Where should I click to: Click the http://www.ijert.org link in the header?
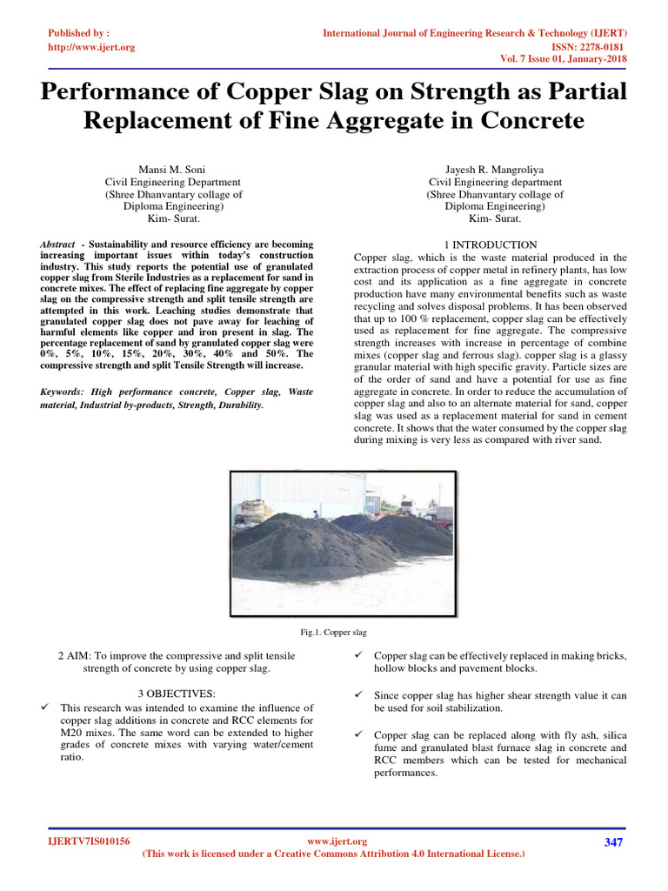click(x=91, y=47)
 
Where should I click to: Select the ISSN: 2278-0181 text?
click(x=587, y=46)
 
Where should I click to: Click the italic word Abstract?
click(x=58, y=245)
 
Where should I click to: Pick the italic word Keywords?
click(x=62, y=392)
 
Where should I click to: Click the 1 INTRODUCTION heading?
click(x=491, y=245)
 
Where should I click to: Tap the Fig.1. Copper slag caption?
click(x=334, y=632)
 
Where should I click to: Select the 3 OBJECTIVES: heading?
click(x=177, y=693)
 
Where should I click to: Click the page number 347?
click(x=613, y=842)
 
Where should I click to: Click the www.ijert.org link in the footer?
click(x=337, y=841)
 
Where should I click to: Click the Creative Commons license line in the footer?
click(x=333, y=854)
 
